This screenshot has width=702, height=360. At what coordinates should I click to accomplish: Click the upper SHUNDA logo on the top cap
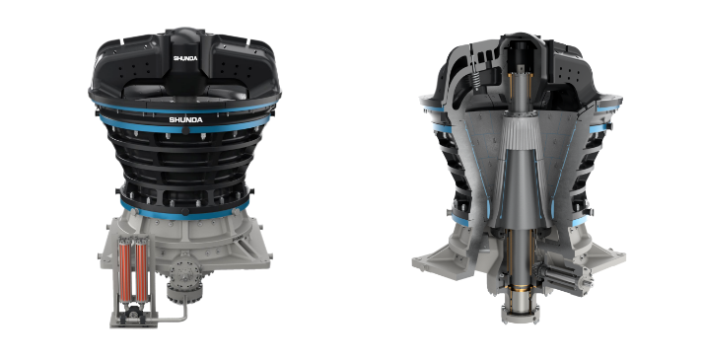click(185, 58)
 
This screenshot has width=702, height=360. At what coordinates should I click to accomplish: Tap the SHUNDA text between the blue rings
click(185, 119)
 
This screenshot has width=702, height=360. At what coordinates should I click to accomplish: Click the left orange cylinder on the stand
click(124, 271)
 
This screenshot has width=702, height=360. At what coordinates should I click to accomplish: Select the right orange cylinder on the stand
click(141, 271)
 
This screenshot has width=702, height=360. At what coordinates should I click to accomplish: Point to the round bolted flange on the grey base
click(183, 274)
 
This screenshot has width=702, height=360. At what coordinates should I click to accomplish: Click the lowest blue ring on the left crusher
click(184, 213)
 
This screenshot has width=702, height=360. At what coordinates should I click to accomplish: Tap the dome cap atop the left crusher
click(185, 36)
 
